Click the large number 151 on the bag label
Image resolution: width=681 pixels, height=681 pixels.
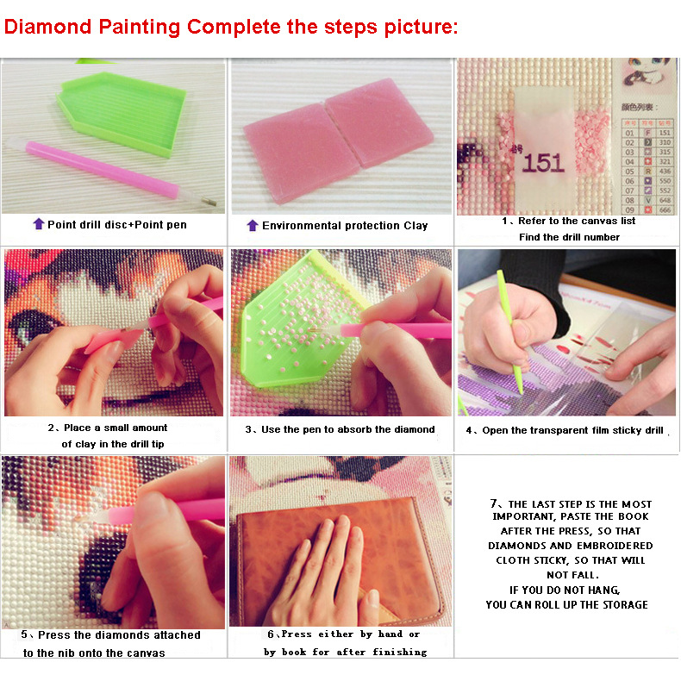[544, 162]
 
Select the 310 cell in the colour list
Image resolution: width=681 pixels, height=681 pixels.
[664, 141]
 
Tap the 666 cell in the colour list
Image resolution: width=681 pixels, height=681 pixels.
[664, 209]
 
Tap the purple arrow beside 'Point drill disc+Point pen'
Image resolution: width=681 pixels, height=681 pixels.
[38, 224]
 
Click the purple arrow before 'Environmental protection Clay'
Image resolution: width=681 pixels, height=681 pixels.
[252, 225]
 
